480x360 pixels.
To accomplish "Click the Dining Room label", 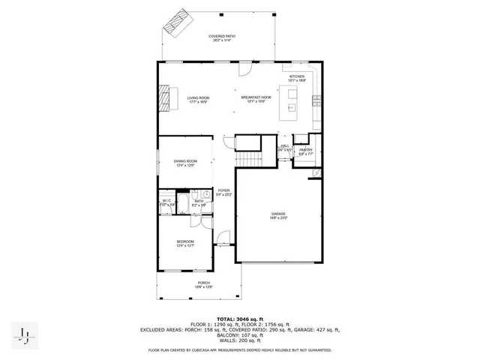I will pos(185,163).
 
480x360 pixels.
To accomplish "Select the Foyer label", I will pos(223,192).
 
